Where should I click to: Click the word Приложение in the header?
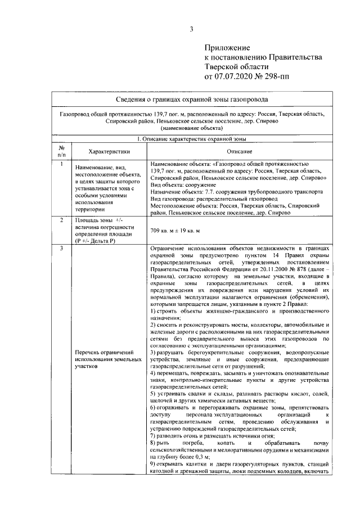pos(227,47)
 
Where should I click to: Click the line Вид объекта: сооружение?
pos(179,184)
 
